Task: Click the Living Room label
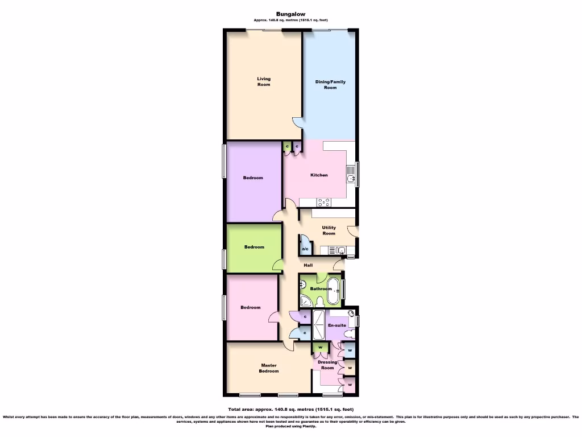pos(263,81)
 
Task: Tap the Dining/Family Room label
pos(330,84)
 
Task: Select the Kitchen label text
pos(319,175)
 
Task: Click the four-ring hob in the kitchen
pos(324,201)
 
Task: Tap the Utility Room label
pos(329,230)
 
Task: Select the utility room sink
pos(340,250)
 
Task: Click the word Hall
pos(307,265)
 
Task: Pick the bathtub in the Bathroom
pos(334,291)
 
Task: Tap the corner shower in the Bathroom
pos(306,302)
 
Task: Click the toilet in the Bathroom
pos(320,302)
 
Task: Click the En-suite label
pos(337,325)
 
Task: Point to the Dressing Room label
pos(327,365)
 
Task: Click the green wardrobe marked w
pos(320,348)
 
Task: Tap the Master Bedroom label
pos(269,368)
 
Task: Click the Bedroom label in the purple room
pos(253,178)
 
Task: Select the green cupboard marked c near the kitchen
pos(287,147)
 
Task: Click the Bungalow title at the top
pos(290,14)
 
